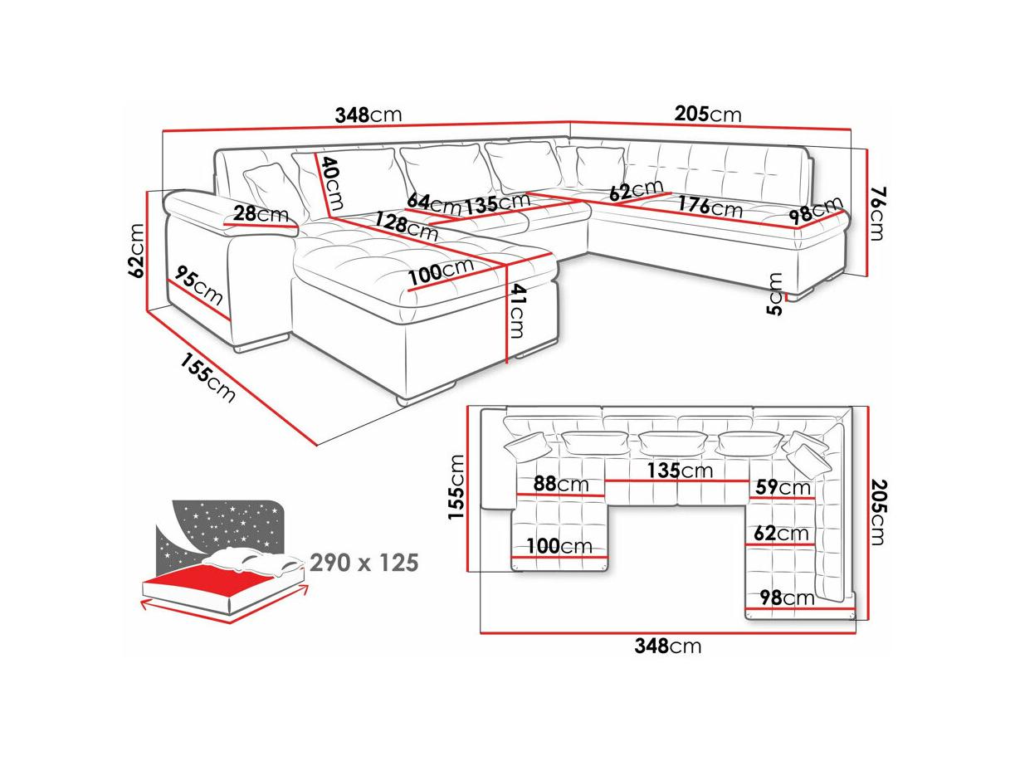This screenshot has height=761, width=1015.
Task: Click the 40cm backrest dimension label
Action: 333,183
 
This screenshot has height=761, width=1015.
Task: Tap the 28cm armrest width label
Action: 261,213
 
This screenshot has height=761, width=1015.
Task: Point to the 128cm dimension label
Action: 406,225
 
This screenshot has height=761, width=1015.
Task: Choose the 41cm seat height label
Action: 518,311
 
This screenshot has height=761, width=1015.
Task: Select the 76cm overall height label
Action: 876,213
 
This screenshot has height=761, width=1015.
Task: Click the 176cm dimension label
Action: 710,206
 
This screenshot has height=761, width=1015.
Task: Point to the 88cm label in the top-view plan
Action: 561,484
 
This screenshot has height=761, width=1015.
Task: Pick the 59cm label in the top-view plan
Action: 783,487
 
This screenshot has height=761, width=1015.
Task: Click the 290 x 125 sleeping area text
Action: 364,563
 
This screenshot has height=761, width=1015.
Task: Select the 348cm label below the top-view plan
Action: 668,646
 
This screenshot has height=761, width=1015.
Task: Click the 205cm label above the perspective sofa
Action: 707,114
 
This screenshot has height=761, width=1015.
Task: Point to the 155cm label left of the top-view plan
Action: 456,487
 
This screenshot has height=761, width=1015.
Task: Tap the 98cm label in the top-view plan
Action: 787,598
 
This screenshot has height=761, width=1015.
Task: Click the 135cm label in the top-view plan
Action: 680,471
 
